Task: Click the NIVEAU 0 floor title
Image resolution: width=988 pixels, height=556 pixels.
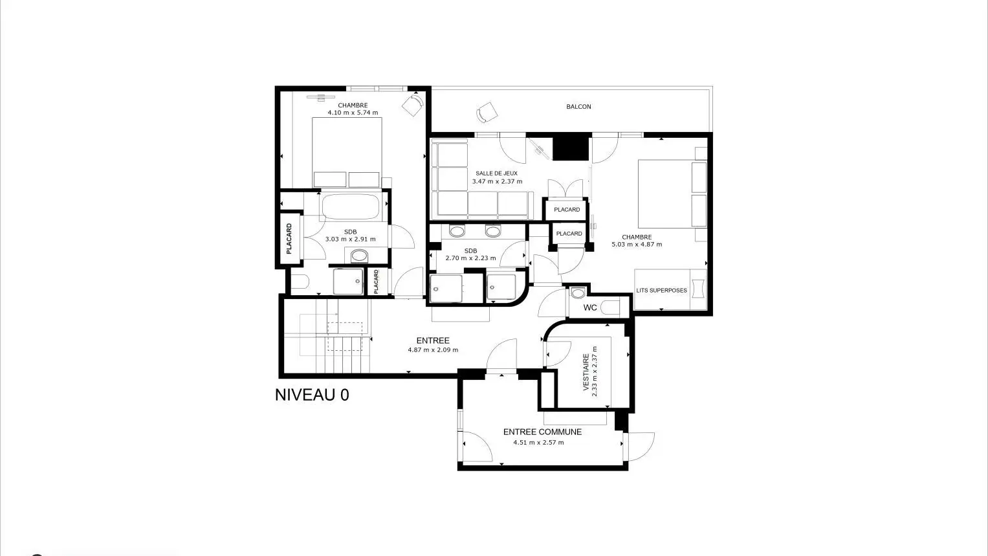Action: click(x=312, y=395)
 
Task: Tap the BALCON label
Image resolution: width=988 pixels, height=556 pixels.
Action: click(x=578, y=107)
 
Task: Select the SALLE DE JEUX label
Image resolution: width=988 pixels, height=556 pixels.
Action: click(x=497, y=173)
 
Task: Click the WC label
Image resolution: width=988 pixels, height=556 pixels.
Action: click(x=590, y=307)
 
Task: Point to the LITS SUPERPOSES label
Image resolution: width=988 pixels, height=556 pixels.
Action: click(x=662, y=291)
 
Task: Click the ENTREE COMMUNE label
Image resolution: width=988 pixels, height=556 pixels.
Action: click(x=542, y=432)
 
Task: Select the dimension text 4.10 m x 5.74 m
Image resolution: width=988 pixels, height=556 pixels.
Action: click(x=353, y=113)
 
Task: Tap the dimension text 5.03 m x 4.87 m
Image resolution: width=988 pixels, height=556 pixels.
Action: click(x=637, y=245)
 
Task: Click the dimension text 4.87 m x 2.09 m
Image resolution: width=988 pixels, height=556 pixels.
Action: click(x=433, y=350)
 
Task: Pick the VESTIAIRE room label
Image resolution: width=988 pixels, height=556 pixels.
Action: click(x=586, y=372)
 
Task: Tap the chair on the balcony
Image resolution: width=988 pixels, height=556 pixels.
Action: click(x=487, y=113)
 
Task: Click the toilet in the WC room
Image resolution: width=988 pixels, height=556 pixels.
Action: click(x=610, y=307)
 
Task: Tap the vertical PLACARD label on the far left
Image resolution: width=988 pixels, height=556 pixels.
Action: click(x=289, y=239)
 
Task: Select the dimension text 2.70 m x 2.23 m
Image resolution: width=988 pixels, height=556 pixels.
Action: click(x=470, y=258)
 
